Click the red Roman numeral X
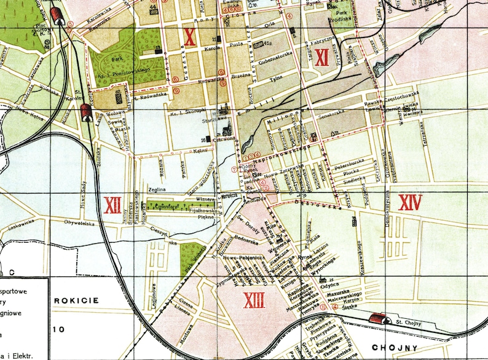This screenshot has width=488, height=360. point(190,37)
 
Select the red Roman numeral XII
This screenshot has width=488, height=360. point(112,205)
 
